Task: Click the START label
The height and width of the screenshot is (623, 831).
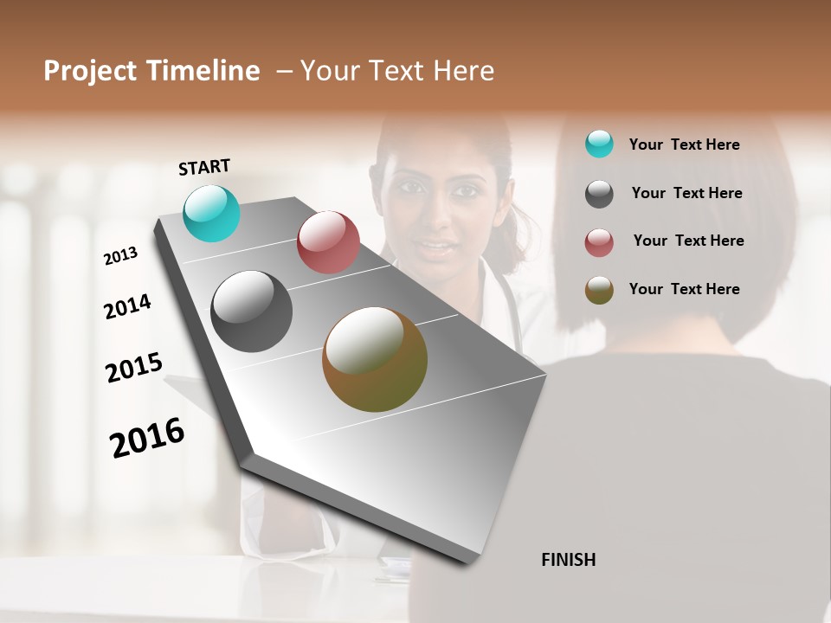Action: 204,167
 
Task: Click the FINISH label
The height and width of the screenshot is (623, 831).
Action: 568,560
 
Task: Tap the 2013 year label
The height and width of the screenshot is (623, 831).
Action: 121,256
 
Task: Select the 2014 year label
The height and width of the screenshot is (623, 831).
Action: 127,306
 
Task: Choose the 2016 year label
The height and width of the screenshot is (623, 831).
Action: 147,438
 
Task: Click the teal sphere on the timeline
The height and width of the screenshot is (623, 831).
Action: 212,213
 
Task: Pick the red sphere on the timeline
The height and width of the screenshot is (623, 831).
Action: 328,242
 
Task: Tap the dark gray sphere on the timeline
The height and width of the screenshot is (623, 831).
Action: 252,311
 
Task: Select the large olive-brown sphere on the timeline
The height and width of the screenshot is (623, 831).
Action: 375,359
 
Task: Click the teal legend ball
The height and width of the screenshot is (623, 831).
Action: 599,144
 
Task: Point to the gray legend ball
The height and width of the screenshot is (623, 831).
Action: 599,194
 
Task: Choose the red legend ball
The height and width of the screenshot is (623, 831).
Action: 599,242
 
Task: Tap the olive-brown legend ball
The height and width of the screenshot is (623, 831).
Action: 599,290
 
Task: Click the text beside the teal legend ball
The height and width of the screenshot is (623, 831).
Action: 685,145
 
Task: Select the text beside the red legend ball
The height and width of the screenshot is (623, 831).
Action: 688,241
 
